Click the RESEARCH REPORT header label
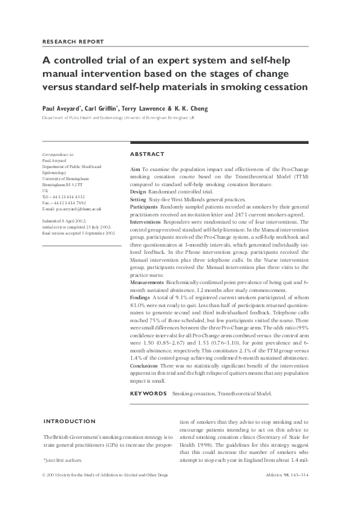(73, 42)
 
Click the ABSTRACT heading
(147, 154)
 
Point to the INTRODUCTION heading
(69, 421)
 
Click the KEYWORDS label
(148, 394)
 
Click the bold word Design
(139, 192)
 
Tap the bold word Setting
(139, 199)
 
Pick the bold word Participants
(144, 207)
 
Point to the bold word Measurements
(146, 282)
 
